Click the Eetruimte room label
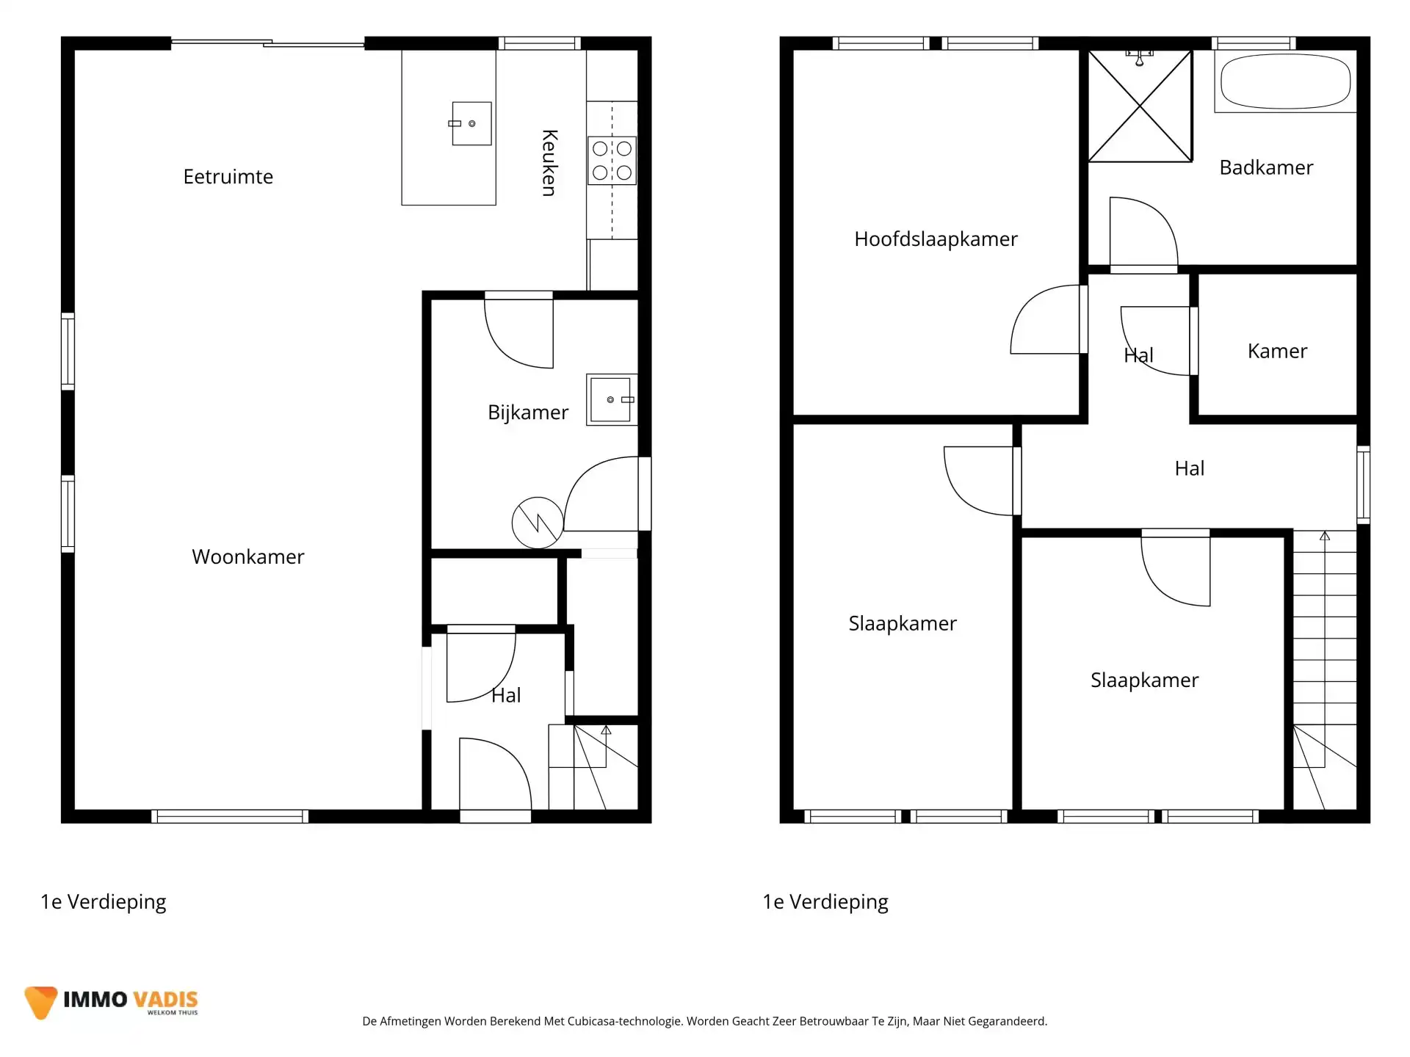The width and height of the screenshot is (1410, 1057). (x=228, y=177)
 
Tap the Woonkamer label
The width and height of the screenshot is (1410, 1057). (x=247, y=556)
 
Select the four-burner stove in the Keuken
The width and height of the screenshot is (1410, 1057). (x=612, y=161)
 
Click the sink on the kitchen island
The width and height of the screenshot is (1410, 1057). (x=471, y=123)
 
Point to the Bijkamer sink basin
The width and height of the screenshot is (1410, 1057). (x=610, y=400)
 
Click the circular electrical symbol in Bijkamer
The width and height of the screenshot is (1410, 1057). (x=538, y=523)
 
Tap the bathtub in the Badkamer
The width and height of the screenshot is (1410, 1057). (x=1285, y=81)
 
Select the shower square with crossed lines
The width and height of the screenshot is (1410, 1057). (x=1140, y=106)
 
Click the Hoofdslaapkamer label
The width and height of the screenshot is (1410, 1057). (x=936, y=239)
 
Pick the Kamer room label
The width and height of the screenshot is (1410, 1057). (x=1277, y=351)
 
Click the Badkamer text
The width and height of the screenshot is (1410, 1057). (x=1266, y=167)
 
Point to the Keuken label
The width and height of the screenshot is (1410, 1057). (x=549, y=163)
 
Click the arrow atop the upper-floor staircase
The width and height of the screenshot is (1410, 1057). (x=1325, y=537)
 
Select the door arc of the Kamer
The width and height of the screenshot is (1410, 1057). (x=1156, y=341)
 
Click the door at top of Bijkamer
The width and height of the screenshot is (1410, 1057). (x=518, y=330)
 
